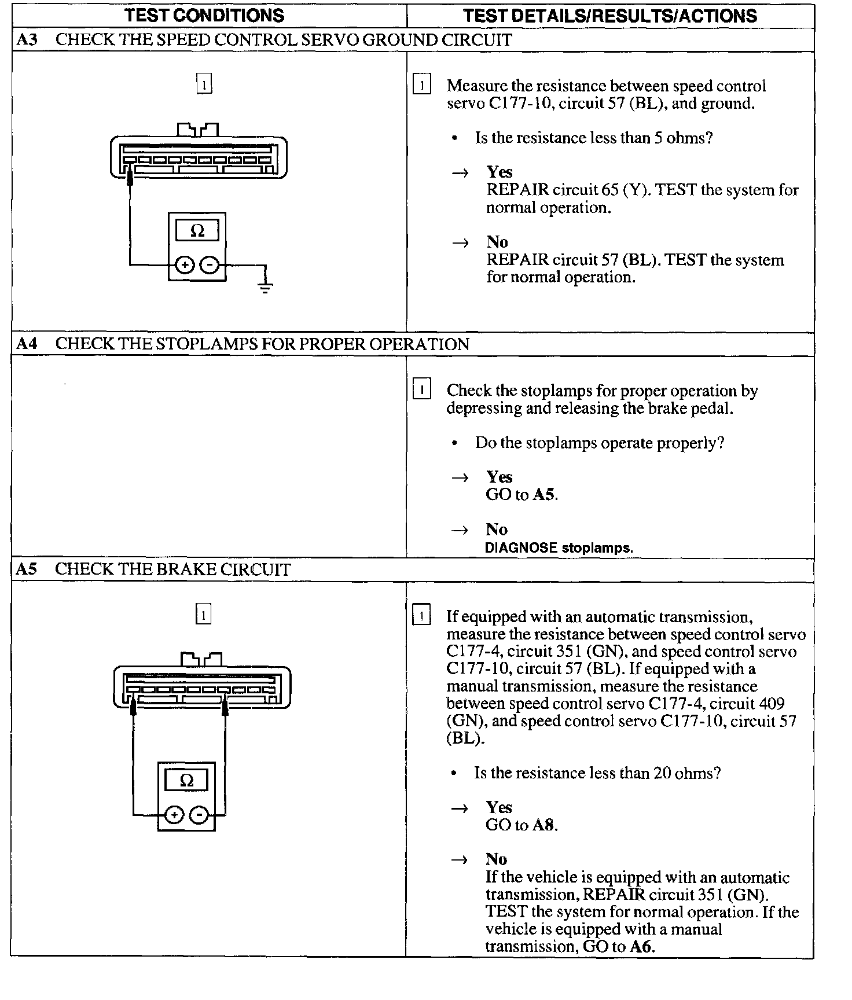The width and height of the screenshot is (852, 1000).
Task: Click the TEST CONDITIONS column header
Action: [204, 15]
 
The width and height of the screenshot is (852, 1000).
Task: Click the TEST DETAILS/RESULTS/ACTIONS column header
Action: [609, 15]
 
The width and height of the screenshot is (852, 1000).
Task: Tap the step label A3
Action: [27, 40]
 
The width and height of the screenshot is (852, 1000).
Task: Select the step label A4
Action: [27, 344]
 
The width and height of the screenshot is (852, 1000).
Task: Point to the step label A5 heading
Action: [27, 569]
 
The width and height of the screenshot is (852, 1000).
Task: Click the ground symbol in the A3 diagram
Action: [265, 286]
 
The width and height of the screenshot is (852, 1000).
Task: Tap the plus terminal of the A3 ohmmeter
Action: [185, 265]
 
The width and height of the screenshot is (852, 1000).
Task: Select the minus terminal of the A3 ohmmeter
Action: [210, 265]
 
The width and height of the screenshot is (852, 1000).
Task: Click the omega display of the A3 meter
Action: [197, 231]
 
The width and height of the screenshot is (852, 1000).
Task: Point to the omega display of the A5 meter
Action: [186, 781]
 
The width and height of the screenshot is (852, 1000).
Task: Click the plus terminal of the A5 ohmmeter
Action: [174, 815]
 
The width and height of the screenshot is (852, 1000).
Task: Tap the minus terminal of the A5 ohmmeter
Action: [199, 815]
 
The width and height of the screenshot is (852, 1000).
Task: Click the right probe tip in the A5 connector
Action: [225, 707]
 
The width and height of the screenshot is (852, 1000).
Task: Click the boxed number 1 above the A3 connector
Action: [204, 84]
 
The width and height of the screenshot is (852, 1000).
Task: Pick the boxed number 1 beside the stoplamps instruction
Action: [421, 389]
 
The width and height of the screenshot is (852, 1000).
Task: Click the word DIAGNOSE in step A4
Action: [521, 547]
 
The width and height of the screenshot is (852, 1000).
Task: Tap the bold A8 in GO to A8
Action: [543, 825]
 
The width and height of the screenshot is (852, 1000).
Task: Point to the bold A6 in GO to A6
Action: [641, 947]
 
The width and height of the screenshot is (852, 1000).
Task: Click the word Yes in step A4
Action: [499, 477]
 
